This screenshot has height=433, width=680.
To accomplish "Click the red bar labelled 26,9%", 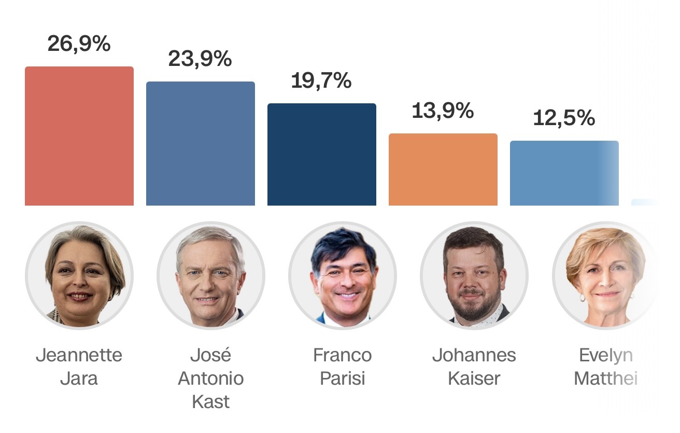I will click(79, 136).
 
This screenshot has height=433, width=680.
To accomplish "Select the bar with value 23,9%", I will click(201, 143).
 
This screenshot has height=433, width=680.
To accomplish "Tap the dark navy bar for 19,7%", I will click(322, 154).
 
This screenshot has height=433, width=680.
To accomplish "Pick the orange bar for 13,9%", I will click(443, 169).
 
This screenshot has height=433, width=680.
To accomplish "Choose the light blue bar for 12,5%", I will click(564, 173).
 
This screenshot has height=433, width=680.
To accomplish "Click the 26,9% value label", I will click(79, 44).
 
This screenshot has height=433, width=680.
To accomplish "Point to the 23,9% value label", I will click(200, 59).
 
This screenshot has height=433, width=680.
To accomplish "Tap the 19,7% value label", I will click(321, 80).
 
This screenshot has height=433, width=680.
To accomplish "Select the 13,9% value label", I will click(443, 111).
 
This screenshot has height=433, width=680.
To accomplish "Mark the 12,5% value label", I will click(564, 118).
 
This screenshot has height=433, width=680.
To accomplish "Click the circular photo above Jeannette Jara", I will click(79, 275).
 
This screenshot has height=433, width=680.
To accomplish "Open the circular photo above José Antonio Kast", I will click(211, 275).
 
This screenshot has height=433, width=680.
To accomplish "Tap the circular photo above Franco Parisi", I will click(343, 275).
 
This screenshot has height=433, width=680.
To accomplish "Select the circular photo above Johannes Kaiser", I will click(474, 275).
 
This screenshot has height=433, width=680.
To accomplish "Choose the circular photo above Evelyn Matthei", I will click(605, 275).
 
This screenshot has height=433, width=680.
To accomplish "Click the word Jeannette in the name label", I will click(79, 355).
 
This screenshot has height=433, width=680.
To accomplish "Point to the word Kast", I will click(211, 402).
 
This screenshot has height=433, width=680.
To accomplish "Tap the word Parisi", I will click(343, 378).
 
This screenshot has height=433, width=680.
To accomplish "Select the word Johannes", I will click(474, 355).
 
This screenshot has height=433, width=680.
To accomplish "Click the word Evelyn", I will click(606, 355).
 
